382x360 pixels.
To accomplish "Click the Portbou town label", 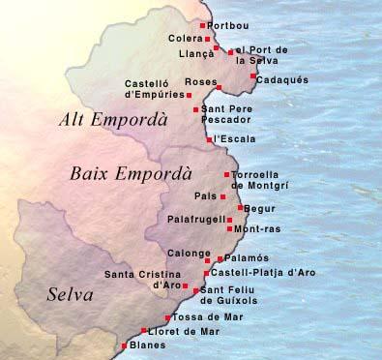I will tap(226, 25).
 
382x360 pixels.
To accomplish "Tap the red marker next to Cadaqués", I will tap(253, 75).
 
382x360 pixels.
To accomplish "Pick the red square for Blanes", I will tap(123, 345).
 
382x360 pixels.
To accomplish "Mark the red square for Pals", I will tap(223, 196).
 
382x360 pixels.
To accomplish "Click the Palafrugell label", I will tap(197, 219).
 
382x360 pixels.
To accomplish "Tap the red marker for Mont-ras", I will tap(229, 229).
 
